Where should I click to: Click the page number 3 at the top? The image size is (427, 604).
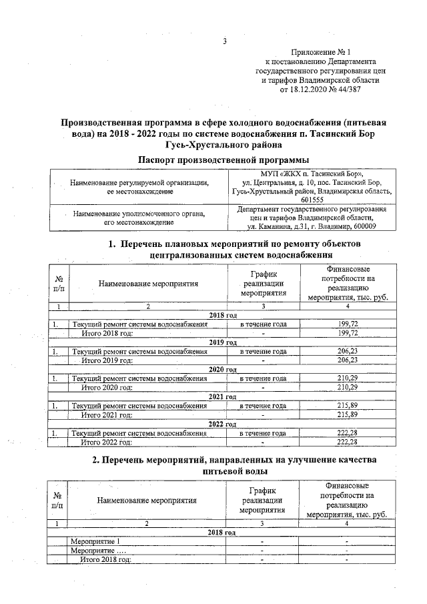pos(226,41)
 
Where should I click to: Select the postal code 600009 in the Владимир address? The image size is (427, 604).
pos(361,226)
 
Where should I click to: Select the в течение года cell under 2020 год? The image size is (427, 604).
pos(264,378)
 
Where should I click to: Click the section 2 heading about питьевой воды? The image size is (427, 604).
pos(225,467)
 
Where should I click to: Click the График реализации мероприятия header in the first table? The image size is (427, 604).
pos(264,283)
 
